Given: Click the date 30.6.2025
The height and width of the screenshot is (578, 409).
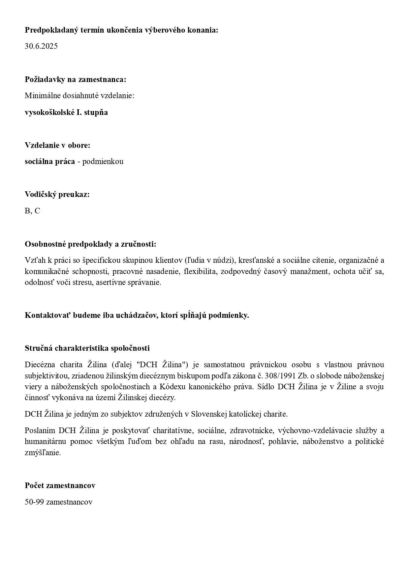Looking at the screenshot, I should pos(41,46).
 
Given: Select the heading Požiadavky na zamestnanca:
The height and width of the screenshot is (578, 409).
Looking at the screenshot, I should pos(76,79).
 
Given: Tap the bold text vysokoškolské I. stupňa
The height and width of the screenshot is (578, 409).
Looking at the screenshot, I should pos(66,112).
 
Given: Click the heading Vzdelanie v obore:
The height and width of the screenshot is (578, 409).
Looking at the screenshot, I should pos(57,145).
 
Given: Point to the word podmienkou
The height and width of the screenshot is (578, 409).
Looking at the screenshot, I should pos(103,162).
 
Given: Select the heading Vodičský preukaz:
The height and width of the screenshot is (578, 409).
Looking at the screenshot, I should pos(57,195).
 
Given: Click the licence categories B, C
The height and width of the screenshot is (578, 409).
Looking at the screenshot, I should pos(32,211).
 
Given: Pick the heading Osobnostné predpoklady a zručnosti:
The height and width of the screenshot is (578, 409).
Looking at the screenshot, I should pos(90,244).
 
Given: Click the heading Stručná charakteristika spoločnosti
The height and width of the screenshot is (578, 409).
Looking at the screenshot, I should pos(87,348).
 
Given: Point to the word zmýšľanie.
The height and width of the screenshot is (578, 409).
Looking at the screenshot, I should pos(43,453).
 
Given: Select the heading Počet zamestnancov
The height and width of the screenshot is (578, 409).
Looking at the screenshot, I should pos(60,485).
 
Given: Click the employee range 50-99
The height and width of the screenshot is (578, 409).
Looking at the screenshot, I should pos(34,502).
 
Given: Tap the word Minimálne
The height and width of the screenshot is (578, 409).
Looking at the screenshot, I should pos(41,96).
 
